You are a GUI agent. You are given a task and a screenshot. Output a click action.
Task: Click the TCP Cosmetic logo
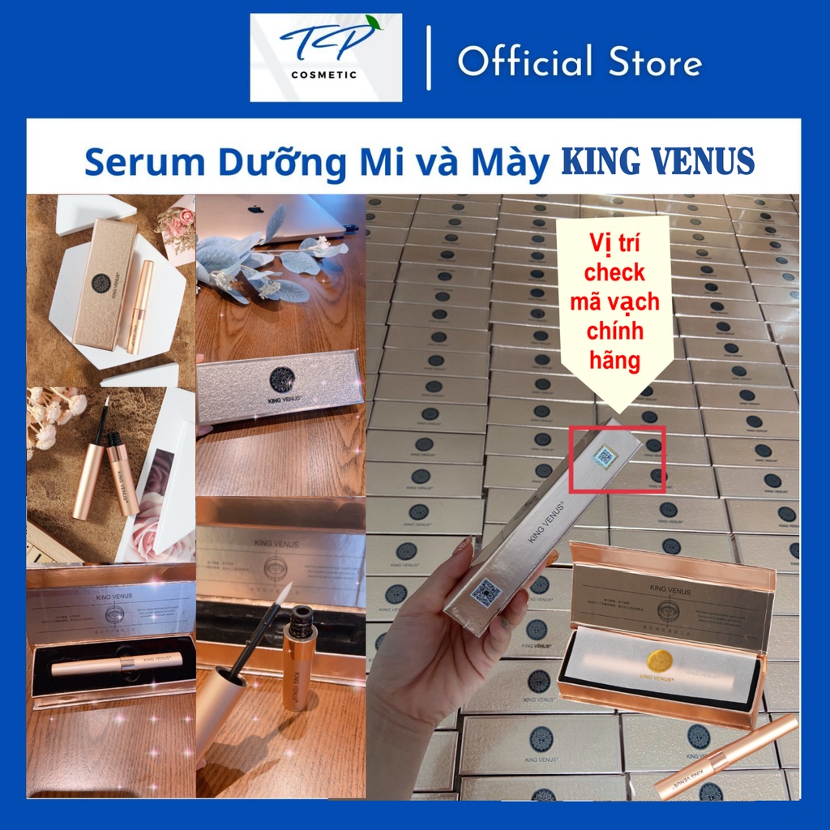coord(325,58)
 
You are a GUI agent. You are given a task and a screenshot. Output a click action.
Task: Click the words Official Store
coord(580,62)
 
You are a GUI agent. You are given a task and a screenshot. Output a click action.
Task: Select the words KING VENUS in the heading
coord(657,162)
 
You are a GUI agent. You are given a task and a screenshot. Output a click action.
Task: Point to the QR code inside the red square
coord(604,457)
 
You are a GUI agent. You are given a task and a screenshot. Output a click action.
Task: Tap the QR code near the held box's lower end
coord(486,592)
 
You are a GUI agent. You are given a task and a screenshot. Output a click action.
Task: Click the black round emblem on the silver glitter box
coord(282,379)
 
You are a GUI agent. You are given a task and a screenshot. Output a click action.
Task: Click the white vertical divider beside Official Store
coord(429,58)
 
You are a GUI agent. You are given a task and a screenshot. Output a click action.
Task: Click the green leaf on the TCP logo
coord(372,24)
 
